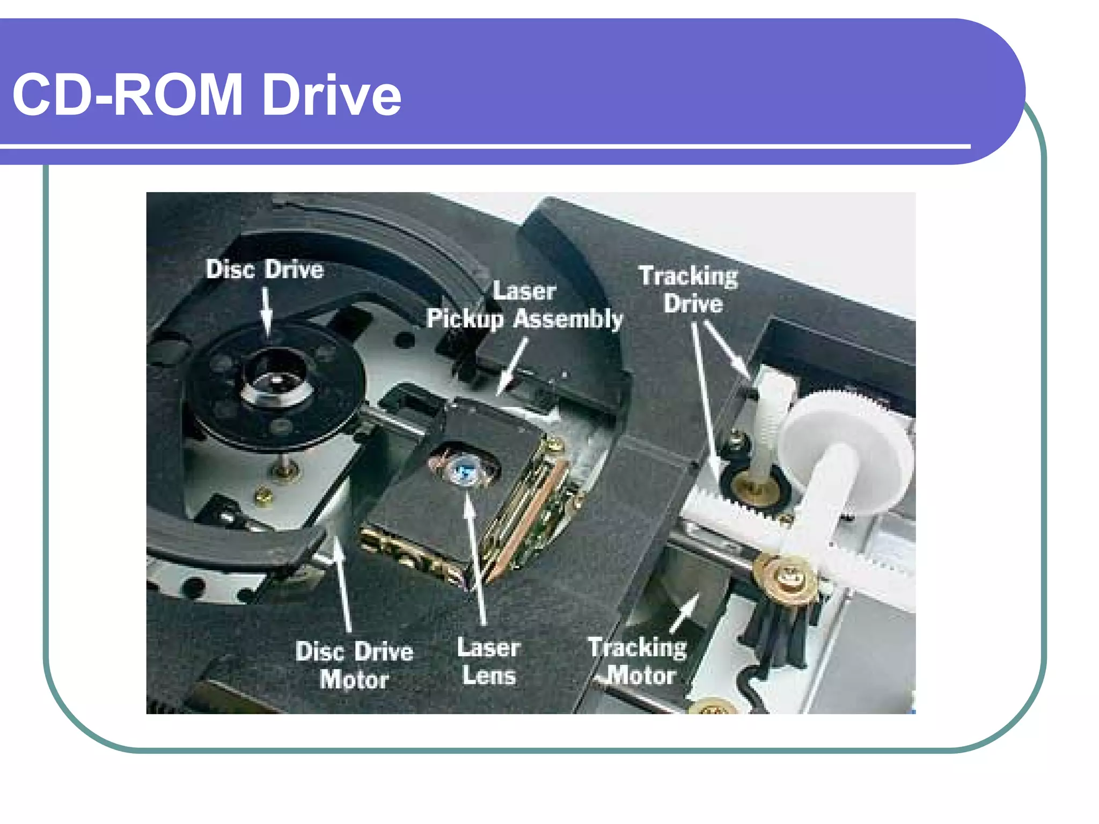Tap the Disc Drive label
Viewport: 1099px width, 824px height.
(x=265, y=269)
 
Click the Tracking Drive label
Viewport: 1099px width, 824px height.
(x=689, y=290)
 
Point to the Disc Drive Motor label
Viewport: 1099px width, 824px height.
(x=354, y=665)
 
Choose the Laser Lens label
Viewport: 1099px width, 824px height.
(x=489, y=661)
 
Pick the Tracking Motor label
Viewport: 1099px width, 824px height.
(x=638, y=661)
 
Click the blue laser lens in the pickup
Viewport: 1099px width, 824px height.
(x=463, y=471)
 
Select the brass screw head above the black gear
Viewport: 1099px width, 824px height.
(x=787, y=577)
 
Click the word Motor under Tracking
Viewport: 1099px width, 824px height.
(x=642, y=675)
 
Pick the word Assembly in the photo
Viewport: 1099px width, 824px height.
(x=568, y=319)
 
